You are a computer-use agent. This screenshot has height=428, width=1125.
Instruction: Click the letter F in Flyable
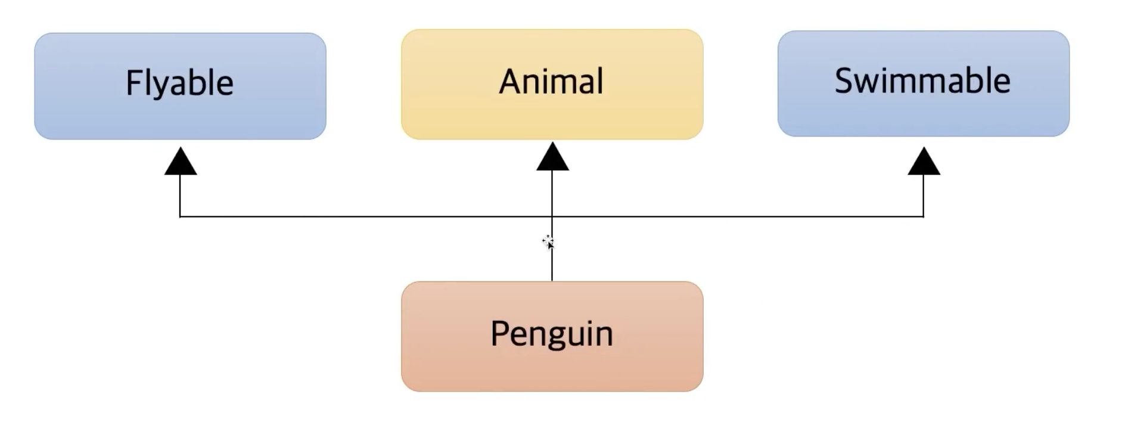(x=133, y=83)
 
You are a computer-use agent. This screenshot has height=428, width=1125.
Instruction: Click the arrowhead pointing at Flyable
(x=180, y=163)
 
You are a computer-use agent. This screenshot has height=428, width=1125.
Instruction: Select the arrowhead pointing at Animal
(x=552, y=158)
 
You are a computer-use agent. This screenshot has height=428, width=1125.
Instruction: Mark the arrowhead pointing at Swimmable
(x=924, y=163)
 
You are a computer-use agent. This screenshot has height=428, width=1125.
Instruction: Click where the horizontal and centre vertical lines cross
(x=552, y=216)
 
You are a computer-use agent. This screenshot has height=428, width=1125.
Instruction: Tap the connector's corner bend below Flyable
(x=180, y=216)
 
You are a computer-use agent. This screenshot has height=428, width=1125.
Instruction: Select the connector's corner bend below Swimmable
(x=923, y=216)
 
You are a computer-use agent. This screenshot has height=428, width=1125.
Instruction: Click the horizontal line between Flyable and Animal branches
(x=366, y=216)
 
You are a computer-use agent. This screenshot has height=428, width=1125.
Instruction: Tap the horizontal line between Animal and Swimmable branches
(x=738, y=216)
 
